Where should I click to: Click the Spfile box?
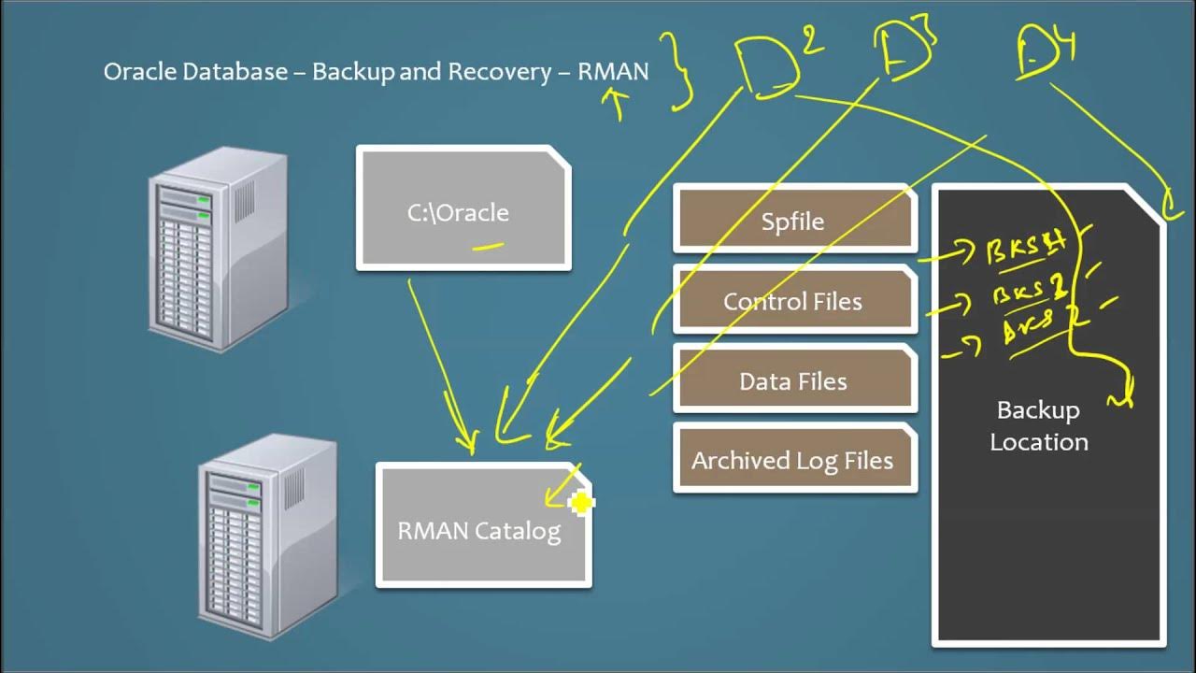tap(794, 221)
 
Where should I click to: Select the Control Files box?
tap(794, 301)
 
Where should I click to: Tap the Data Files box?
tap(794, 381)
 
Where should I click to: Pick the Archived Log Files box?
tap(794, 460)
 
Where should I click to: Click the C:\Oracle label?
tap(458, 212)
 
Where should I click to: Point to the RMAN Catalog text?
tap(478, 531)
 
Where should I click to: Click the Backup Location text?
tap(1038, 426)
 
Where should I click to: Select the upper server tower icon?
tap(218, 248)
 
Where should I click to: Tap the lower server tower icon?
tap(268, 537)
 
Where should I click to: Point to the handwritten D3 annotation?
tap(904, 51)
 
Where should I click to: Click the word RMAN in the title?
tap(613, 72)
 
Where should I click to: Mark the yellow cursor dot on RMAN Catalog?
tap(580, 504)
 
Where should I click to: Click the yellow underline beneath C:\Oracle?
tap(488, 248)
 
